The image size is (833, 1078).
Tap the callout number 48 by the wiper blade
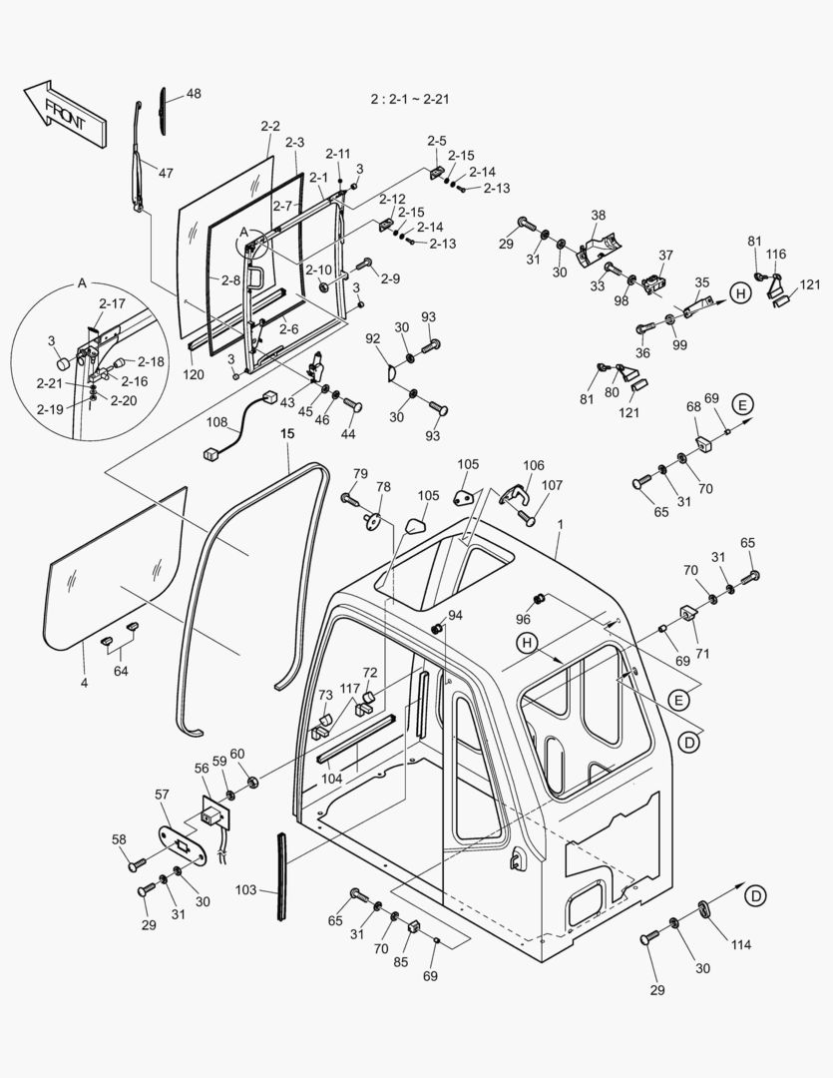[193, 94]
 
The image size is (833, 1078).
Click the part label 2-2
[270, 126]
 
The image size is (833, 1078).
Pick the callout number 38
[598, 215]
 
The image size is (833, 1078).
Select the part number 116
[776, 256]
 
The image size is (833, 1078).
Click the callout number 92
[374, 339]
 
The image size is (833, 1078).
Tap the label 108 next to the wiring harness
[216, 422]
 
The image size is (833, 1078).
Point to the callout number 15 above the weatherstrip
[287, 434]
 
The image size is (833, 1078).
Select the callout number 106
[534, 465]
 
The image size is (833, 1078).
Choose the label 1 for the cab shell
[561, 525]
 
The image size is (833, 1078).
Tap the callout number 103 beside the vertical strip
[246, 887]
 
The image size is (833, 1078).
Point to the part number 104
[332, 777]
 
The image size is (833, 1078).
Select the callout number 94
[455, 615]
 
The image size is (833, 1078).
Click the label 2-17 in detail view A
[112, 302]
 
